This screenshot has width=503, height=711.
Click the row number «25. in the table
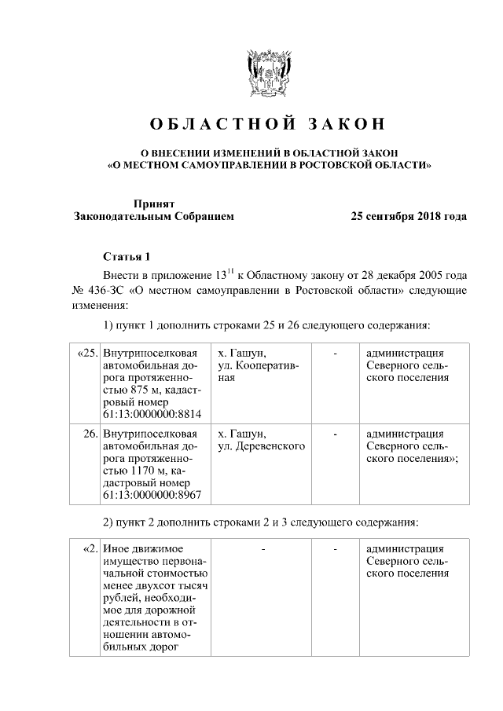click(87, 353)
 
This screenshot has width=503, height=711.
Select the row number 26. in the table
click(90, 434)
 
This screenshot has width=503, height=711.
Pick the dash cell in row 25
click(336, 353)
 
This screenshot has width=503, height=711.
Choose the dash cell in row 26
click(336, 434)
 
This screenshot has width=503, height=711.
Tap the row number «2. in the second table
click(89, 548)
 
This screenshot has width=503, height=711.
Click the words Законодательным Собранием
click(153, 216)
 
